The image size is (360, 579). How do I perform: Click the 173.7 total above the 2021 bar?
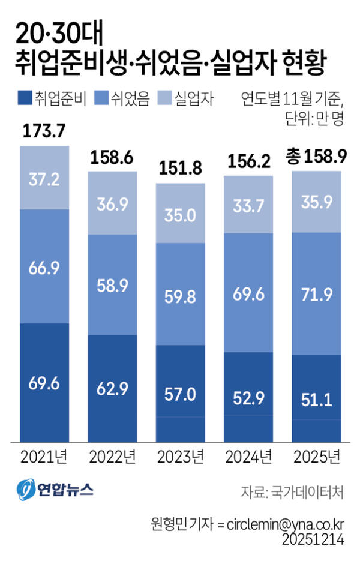[x=44, y=131]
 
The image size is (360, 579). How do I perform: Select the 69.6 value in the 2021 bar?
[x=44, y=384]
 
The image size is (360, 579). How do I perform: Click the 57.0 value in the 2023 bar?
[x=180, y=394]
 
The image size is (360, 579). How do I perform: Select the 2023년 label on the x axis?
[x=180, y=457]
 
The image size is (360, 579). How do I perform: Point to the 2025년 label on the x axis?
[x=316, y=457]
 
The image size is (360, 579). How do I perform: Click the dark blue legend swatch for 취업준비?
[x=23, y=98]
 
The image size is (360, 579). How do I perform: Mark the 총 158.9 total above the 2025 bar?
[x=316, y=158]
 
